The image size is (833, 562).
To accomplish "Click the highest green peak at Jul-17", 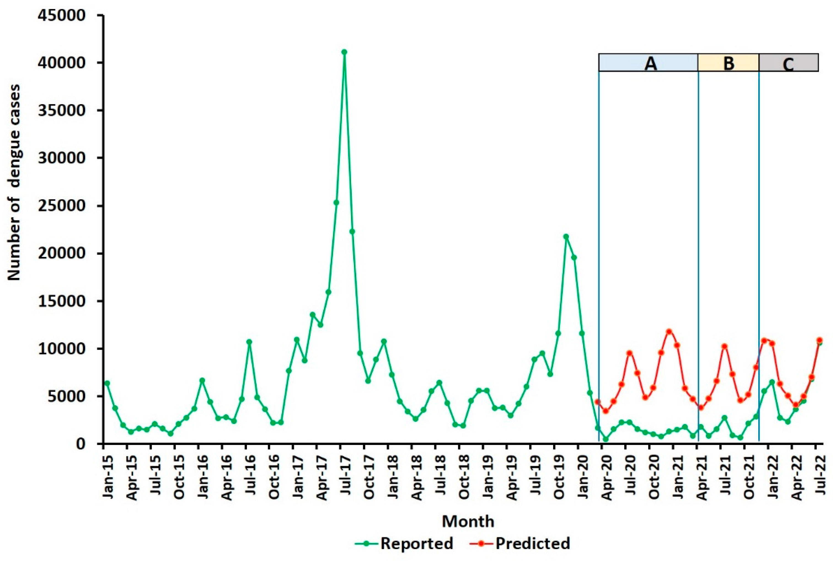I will click(344, 52).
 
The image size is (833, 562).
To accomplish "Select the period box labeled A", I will click(648, 63).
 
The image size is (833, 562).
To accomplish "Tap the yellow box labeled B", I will click(728, 63).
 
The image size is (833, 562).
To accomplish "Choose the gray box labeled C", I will click(788, 63).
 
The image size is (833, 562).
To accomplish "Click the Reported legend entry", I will click(405, 543).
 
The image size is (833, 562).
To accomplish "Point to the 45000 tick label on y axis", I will click(63, 15).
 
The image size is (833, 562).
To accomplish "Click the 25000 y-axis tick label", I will click(63, 206).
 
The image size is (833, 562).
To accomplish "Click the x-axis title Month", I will click(468, 521).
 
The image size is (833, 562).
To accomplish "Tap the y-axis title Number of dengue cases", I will click(14, 183).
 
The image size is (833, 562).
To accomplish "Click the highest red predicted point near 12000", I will click(669, 332).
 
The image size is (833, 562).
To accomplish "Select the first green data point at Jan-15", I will click(107, 383).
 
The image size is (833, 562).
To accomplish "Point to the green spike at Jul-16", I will click(249, 342).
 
